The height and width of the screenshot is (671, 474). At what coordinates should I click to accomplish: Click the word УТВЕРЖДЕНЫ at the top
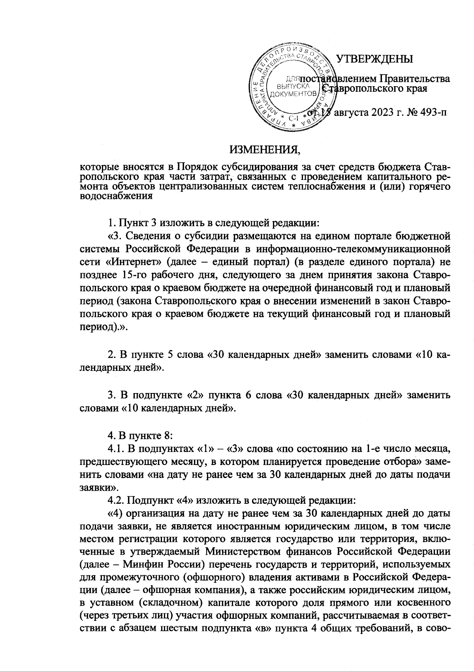(x=374, y=59)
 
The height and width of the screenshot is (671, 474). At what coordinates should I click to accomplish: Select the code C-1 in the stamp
(x=293, y=118)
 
